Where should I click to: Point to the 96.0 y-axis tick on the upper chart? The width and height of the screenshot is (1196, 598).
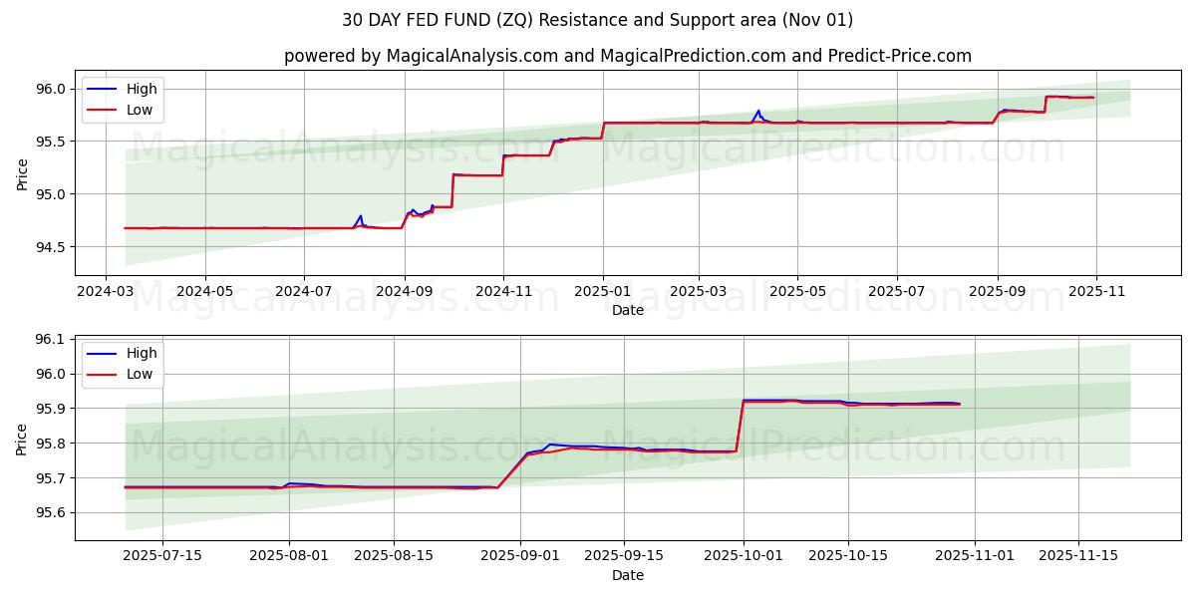(50, 89)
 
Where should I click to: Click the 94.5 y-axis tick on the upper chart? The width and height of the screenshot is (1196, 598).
(50, 246)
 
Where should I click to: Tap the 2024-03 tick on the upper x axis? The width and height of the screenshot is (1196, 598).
(107, 292)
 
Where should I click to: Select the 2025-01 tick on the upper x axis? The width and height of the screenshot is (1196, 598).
(602, 292)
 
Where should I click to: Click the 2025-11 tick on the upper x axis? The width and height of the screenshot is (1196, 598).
(1095, 292)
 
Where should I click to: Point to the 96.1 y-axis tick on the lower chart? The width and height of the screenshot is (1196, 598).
(50, 339)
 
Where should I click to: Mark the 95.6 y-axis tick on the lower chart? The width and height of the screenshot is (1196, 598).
(50, 512)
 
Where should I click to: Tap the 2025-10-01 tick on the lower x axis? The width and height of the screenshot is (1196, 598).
(744, 556)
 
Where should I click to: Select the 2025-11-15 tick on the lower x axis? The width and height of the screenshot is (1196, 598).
(1077, 556)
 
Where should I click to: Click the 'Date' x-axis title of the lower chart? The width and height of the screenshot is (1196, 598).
(627, 575)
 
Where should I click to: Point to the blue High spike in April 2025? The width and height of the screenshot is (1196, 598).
(758, 111)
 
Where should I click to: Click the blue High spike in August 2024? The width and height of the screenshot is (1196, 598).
(361, 215)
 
